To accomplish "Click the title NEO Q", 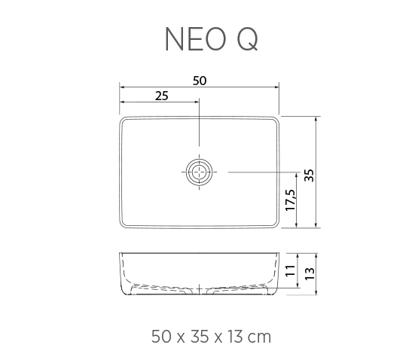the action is tap(211, 39).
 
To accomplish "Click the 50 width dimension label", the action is tap(200, 81).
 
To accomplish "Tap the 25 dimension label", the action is tap(161, 96).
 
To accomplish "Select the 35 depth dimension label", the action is tap(309, 175).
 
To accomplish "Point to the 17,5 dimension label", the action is tap(290, 200).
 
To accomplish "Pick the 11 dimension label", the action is tap(290, 270).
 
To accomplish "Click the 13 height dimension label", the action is tap(310, 273).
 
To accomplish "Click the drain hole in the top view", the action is tap(199, 172).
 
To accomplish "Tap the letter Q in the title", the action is tap(247, 39).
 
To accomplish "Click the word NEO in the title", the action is tap(196, 39).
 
